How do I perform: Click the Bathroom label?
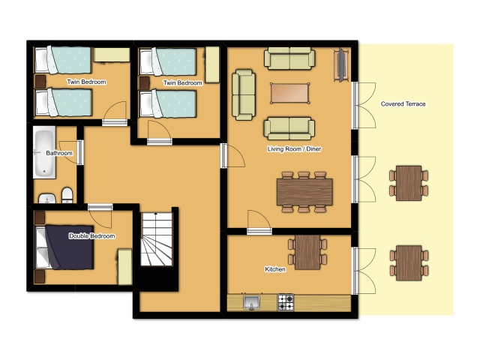tap(59, 153)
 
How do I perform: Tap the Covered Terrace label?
tap(403, 104)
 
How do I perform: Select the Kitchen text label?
tap(275, 269)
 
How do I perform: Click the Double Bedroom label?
tap(92, 236)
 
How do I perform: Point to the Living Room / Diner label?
tap(294, 149)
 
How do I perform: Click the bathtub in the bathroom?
tap(45, 152)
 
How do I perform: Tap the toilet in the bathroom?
tap(67, 195)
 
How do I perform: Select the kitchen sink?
tap(252, 302)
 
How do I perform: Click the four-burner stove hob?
tap(286, 302)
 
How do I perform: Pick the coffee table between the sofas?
tap(289, 93)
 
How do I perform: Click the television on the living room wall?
tap(341, 65)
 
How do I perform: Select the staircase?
tap(157, 239)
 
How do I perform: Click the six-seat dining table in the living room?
tap(304, 192)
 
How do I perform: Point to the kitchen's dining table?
tap(307, 252)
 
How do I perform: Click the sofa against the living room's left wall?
tap(244, 94)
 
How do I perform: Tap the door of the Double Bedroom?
tap(100, 217)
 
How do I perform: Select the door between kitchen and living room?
tap(259, 223)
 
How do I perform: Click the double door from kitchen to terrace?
tap(364, 271)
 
